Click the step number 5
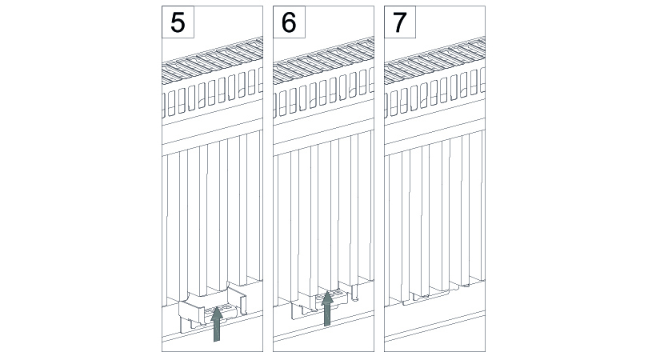[x=178, y=22]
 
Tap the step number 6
[x=289, y=22]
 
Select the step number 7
[x=400, y=22]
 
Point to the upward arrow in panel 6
[x=327, y=308]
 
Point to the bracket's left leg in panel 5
[x=185, y=325]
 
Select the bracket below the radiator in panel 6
[x=317, y=304]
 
